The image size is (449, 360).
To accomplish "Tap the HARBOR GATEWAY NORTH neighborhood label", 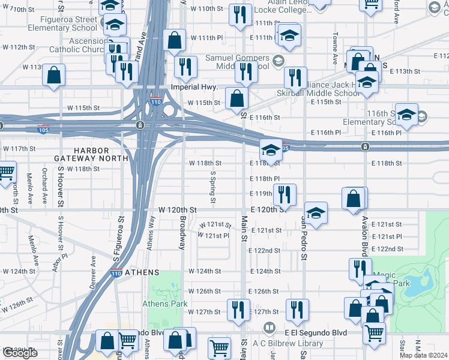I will (x=100, y=154).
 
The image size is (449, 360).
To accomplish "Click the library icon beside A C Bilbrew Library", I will (x=270, y=329).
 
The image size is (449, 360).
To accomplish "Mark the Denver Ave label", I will (x=94, y=271).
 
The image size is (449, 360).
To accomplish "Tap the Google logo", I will (x=20, y=353).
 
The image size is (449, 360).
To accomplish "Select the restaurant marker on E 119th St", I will (x=285, y=194).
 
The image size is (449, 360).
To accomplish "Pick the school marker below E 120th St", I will (x=316, y=212).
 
